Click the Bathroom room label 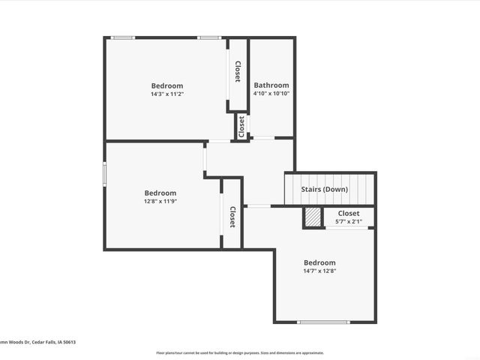(271, 85)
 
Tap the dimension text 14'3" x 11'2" (166, 94)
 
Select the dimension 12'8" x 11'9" (160, 201)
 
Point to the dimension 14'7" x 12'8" (319, 271)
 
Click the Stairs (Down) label (325, 190)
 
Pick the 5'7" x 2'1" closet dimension (349, 221)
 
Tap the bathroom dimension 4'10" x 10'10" (271, 94)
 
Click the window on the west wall (105, 172)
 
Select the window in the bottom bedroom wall (324, 322)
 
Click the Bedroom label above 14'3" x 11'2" (166, 86)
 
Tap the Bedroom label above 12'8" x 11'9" (160, 193)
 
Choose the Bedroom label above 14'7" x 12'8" (319, 262)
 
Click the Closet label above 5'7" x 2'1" (349, 213)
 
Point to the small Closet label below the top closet (241, 127)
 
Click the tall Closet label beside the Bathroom (238, 72)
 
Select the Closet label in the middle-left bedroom (232, 217)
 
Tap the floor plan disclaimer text (240, 352)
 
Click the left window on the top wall (123, 37)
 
